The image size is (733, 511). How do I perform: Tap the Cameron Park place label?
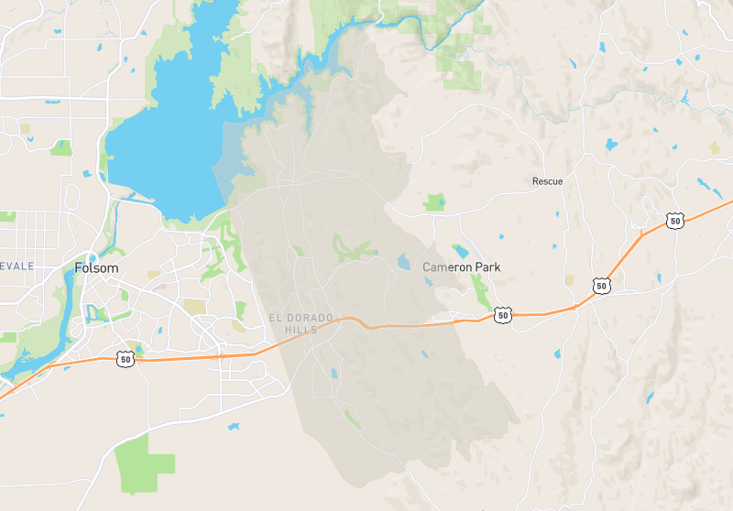pos(462,267)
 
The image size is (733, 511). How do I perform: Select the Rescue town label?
pos(547,181)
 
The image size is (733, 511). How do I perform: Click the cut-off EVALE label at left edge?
pos(16,266)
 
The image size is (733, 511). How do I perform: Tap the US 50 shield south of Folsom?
pos(126,360)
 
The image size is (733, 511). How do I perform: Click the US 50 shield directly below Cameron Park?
pos(502,315)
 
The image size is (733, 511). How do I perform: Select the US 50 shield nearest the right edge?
pos(675,221)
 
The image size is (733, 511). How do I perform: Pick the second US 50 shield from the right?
pos(601,287)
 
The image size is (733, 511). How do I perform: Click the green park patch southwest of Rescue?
pos(434,201)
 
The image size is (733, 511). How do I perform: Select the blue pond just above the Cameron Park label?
pos(460,250)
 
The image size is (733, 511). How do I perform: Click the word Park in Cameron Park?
pos(487,267)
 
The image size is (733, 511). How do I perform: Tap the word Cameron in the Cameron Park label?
pos(446,267)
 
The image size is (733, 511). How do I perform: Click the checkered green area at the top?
pos(463,64)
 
